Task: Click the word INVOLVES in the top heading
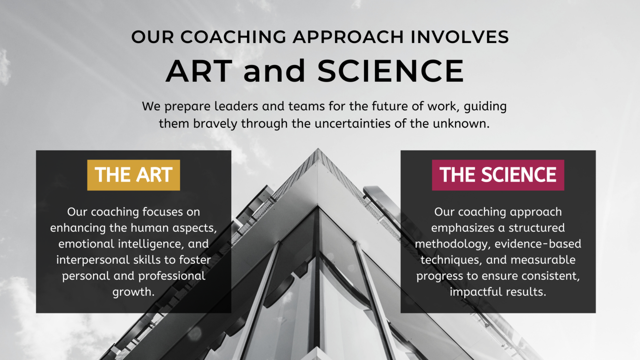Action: click(x=460, y=37)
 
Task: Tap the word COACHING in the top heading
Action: click(x=233, y=37)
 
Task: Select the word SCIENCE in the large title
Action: click(x=390, y=71)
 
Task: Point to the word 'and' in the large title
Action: click(x=274, y=71)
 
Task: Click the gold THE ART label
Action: click(x=133, y=175)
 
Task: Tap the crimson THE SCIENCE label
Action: click(x=498, y=175)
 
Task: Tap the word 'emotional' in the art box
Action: click(x=86, y=244)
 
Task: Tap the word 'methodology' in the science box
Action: click(x=452, y=244)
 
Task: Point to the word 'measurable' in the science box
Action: click(x=543, y=260)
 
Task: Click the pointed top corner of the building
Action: click(x=318, y=149)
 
